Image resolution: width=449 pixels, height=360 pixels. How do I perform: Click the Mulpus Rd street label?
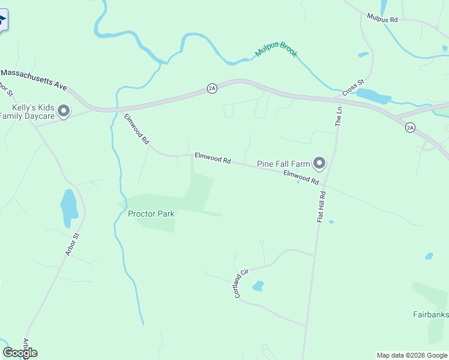click(x=382, y=19)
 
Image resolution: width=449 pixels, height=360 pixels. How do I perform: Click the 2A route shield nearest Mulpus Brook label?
click(x=212, y=88)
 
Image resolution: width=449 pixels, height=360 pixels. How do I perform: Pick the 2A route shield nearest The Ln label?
click(x=410, y=127)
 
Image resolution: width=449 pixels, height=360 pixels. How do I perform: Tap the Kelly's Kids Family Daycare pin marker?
click(x=65, y=111)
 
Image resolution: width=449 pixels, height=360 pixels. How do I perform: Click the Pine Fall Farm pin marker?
click(x=319, y=163)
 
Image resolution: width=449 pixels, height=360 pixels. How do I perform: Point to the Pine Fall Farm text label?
click(x=282, y=163)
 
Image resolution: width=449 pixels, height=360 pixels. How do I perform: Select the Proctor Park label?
click(x=151, y=214)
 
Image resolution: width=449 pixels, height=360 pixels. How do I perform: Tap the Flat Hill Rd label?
click(x=322, y=207)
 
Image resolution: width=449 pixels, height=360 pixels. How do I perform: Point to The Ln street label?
click(x=339, y=116)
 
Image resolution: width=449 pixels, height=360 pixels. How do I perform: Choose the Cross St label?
click(x=354, y=88)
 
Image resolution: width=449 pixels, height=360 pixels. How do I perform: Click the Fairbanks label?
click(x=430, y=314)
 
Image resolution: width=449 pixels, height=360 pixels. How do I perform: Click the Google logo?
click(x=20, y=353)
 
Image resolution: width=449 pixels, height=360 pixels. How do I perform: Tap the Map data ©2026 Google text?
click(x=412, y=355)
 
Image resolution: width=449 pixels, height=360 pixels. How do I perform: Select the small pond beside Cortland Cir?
click(x=258, y=286)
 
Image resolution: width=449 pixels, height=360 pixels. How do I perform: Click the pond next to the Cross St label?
click(x=373, y=95)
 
